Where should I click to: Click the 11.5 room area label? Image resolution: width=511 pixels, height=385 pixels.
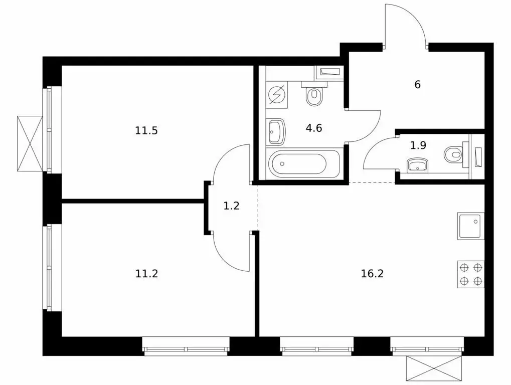pyautogui.click(x=146, y=131)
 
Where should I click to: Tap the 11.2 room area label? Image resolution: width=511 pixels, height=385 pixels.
pyautogui.click(x=146, y=273)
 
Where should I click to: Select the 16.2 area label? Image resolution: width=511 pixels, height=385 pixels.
pyautogui.click(x=372, y=273)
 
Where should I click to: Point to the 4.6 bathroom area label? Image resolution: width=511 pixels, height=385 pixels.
pyautogui.click(x=314, y=128)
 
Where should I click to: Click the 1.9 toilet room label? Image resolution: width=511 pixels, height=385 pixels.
pyautogui.click(x=418, y=145)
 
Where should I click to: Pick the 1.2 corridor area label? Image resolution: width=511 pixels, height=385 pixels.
pyautogui.click(x=231, y=206)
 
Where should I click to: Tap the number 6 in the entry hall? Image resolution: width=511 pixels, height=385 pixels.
pyautogui.click(x=417, y=85)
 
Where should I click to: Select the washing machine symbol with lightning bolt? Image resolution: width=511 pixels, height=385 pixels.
pyautogui.click(x=276, y=94)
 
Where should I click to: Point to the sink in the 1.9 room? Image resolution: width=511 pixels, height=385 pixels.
pyautogui.click(x=418, y=165)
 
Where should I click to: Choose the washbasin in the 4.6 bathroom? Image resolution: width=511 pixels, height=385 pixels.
pyautogui.click(x=276, y=131)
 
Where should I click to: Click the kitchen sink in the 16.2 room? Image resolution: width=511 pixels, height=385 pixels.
pyautogui.click(x=470, y=226)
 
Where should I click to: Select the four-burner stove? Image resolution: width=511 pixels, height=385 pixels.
pyautogui.click(x=470, y=274)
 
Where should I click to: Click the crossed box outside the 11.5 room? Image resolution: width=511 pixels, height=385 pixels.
pyautogui.click(x=30, y=144)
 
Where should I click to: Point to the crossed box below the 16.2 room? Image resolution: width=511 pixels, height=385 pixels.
pyautogui.click(x=434, y=368)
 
